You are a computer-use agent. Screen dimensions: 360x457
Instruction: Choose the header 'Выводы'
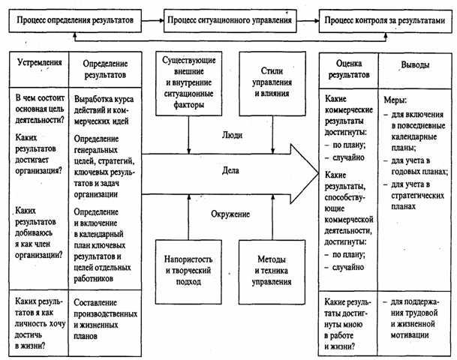tap(416, 65)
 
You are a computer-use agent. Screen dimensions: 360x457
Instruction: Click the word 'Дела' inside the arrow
tap(230, 171)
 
